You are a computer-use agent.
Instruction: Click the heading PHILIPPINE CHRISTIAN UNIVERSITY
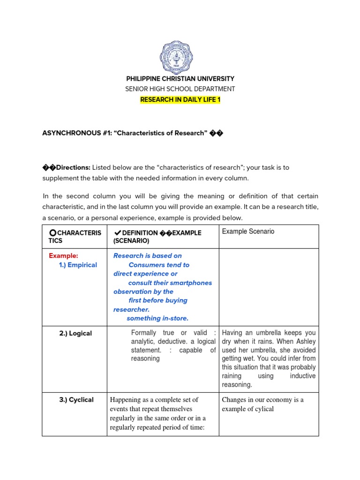[180, 79]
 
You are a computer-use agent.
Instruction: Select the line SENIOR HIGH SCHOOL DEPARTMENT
[180, 89]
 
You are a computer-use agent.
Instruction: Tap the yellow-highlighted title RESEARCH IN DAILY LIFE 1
[180, 99]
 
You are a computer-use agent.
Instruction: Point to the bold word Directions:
[73, 167]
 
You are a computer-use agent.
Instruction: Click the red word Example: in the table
[63, 256]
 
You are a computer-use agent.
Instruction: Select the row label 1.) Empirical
[78, 265]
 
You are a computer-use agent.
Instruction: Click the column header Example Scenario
[248, 232]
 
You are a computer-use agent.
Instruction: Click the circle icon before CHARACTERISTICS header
[52, 233]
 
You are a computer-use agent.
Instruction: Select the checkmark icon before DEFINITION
[117, 233]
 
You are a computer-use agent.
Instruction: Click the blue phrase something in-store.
[157, 318]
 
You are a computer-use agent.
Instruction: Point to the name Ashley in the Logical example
[305, 342]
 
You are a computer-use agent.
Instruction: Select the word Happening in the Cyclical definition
[125, 400]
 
